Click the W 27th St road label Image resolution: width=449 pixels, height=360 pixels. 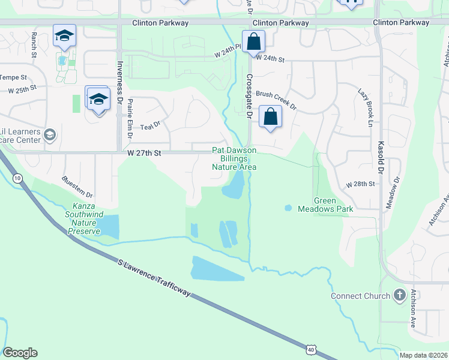144,153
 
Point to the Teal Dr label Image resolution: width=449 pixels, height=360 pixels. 150,126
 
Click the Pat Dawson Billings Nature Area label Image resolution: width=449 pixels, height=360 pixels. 234,158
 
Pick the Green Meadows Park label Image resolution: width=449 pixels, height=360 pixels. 324,205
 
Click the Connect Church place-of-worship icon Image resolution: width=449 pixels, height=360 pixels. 400,295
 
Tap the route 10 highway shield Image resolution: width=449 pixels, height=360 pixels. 17,178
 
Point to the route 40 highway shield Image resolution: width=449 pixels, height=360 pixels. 310,349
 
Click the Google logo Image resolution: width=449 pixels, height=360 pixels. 20,353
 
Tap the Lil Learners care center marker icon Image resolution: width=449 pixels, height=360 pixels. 50,134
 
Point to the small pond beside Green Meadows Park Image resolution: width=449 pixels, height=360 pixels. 288,208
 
